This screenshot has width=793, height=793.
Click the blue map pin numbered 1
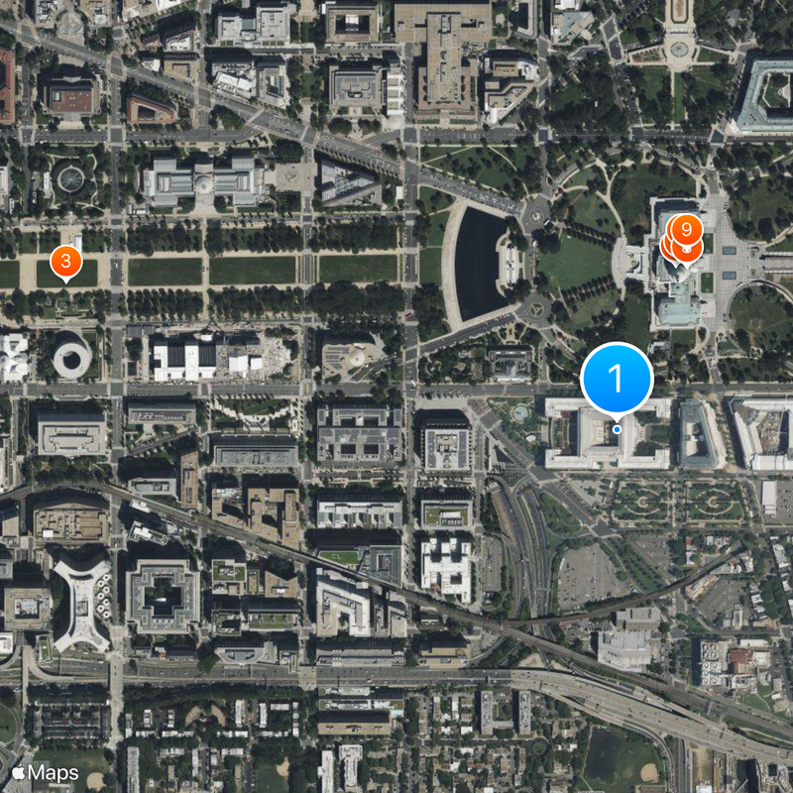(x=616, y=378)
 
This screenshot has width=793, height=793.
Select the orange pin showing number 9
(x=686, y=230)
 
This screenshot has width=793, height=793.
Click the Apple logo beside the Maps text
(x=18, y=772)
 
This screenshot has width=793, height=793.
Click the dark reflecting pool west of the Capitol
(x=481, y=264)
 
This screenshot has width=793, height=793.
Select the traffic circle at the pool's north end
(x=536, y=211)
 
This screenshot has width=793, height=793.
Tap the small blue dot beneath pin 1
(x=617, y=429)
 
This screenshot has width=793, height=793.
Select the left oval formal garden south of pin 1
(x=639, y=502)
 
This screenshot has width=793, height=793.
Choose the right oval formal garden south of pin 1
(x=712, y=502)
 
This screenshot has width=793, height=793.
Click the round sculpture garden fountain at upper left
(x=70, y=179)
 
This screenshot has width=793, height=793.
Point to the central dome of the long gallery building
(x=203, y=180)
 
